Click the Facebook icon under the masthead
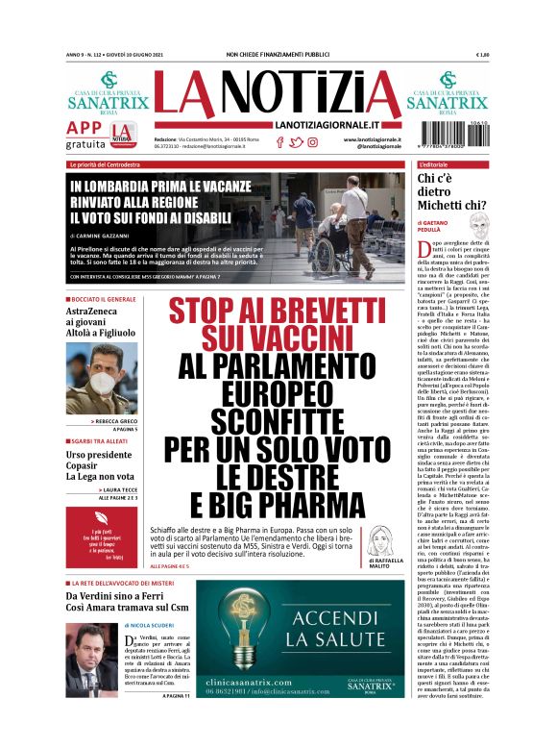pos(280,142)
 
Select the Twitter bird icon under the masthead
pos(296,142)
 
